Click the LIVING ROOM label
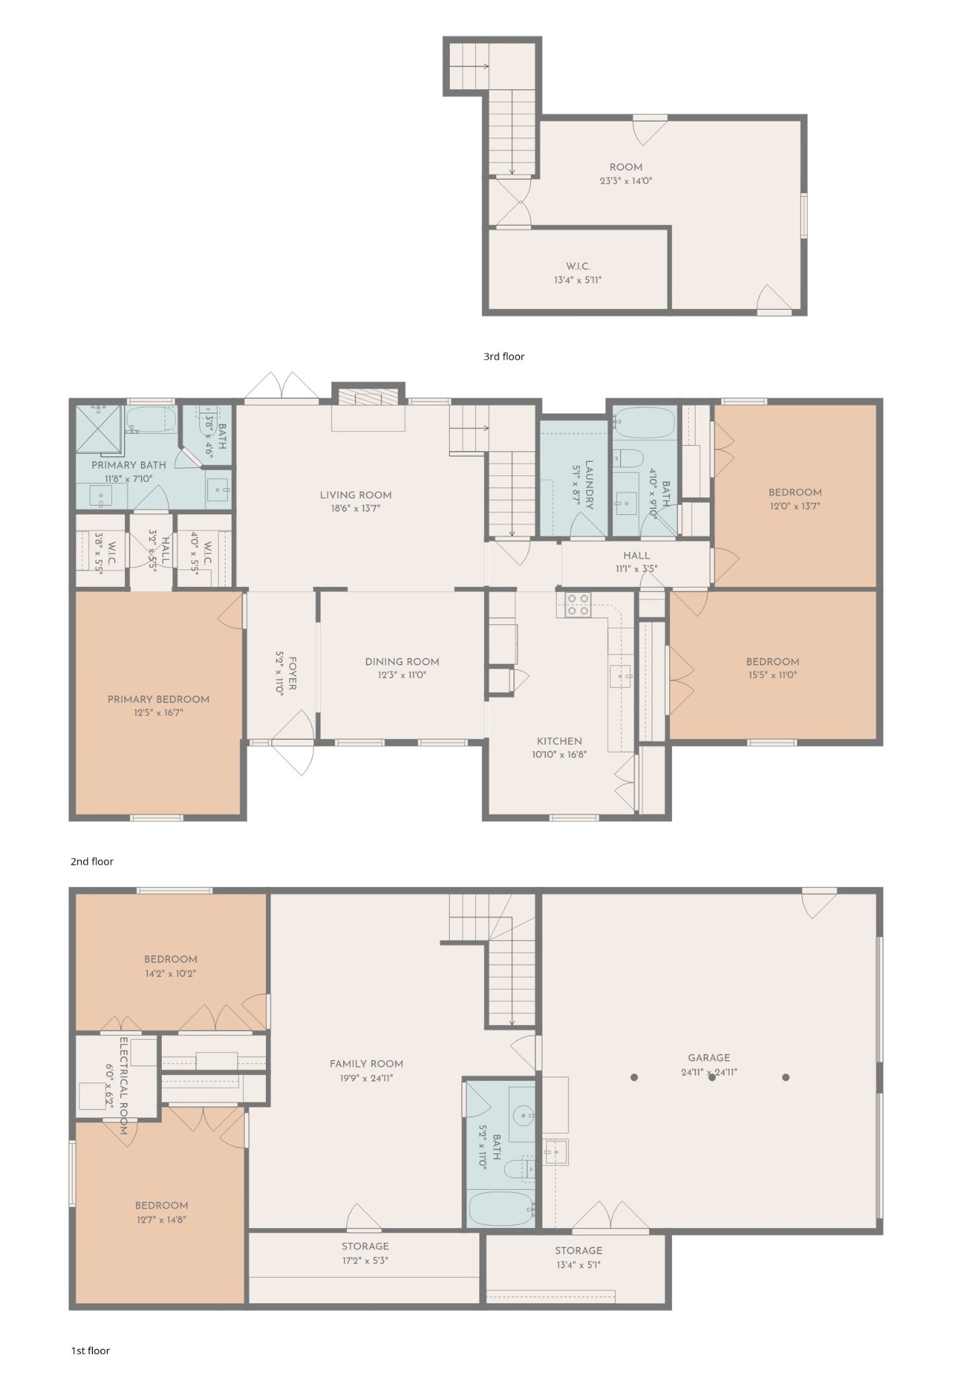click(355, 495)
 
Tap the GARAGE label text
click(709, 1057)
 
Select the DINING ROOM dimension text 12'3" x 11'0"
click(402, 675)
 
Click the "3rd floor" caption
click(504, 357)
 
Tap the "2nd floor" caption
click(92, 861)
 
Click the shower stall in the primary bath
click(99, 428)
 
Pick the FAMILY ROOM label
click(367, 1063)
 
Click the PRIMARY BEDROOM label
click(158, 700)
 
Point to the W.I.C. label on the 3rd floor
click(578, 267)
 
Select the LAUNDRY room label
click(589, 485)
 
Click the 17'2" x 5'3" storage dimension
click(365, 1260)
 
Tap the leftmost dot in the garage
click(634, 1078)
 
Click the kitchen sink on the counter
click(620, 677)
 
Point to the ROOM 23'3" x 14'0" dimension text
click(626, 181)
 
